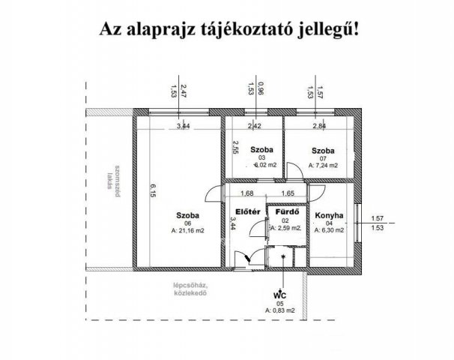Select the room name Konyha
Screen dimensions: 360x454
click(x=330, y=215)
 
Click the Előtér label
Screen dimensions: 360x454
click(x=247, y=211)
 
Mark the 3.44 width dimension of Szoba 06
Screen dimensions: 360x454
click(x=183, y=127)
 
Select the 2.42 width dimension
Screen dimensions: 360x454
click(x=255, y=127)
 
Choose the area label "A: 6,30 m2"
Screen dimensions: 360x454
click(x=330, y=231)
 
